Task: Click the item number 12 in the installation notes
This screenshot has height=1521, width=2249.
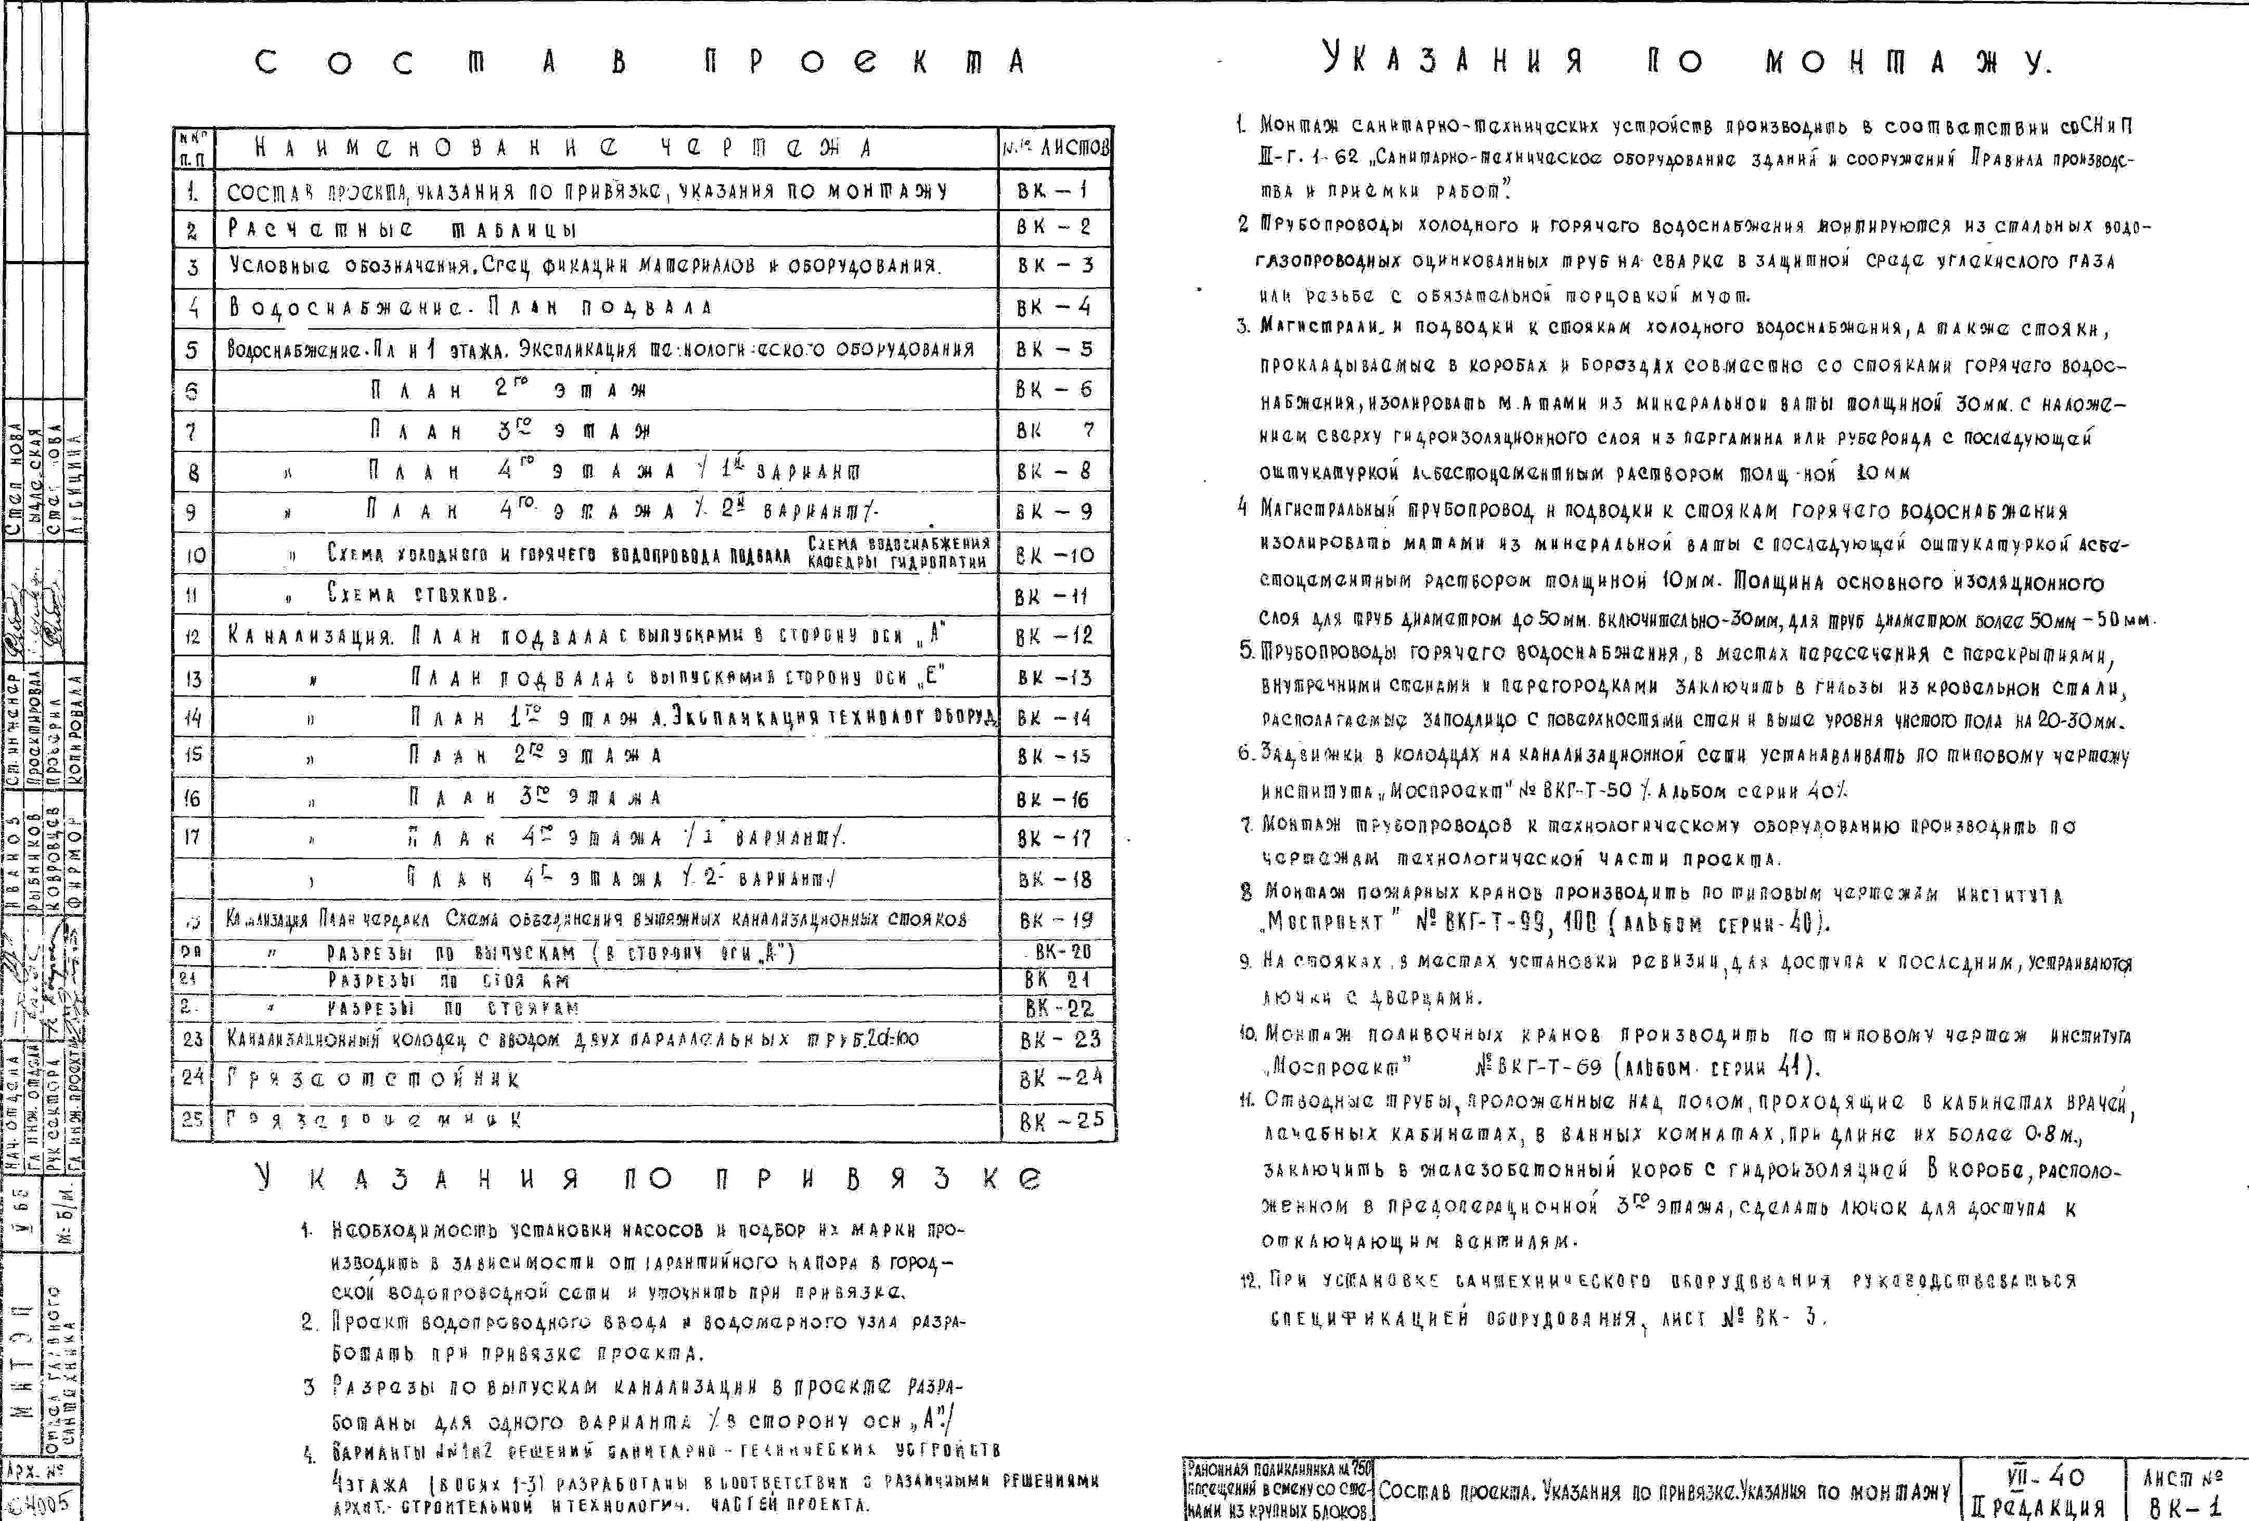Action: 1249,1281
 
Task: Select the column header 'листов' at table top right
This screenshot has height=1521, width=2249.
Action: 1056,148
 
